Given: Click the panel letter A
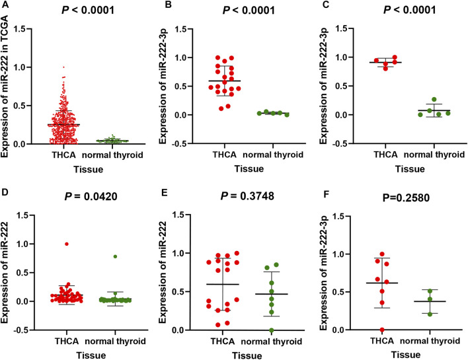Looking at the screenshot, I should [5, 6].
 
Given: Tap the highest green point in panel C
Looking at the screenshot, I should [415, 100].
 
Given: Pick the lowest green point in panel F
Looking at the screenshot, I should [411, 314].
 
